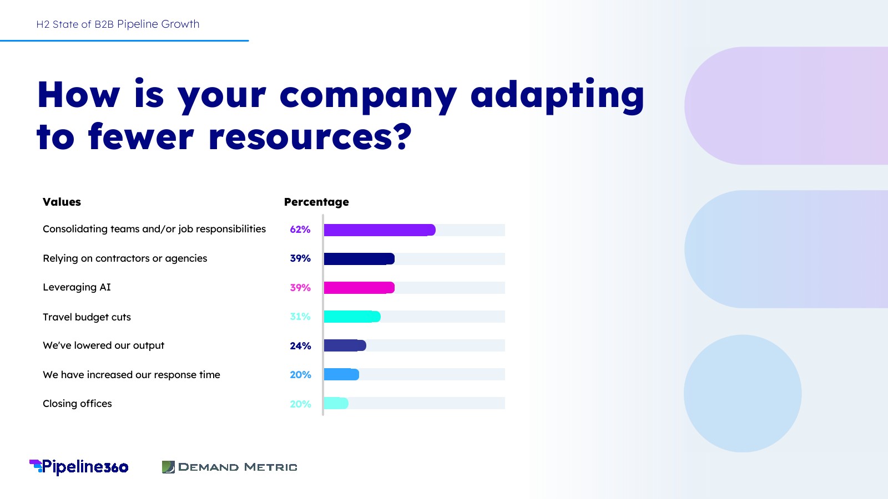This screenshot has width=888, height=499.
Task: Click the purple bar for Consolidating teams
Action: coord(379,230)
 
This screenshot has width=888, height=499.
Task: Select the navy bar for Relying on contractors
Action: coord(359,259)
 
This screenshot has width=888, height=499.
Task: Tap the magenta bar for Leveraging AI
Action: coord(359,288)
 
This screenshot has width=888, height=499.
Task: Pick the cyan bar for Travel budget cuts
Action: coord(352,317)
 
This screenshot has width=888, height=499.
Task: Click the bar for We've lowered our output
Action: coord(345,345)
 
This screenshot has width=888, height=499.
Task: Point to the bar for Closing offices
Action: coord(336,403)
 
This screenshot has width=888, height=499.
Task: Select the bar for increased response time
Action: coord(341,374)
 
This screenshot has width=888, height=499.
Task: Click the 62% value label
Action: coord(300,230)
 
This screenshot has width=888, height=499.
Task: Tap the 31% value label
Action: coord(300,317)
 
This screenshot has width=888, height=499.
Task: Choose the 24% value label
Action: coord(300,346)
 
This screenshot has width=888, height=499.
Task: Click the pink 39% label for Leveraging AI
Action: coord(300,288)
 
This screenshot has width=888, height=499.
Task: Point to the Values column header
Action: coord(62,202)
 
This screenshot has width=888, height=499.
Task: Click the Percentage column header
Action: coord(316,202)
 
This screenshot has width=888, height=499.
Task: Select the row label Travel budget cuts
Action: coord(87,317)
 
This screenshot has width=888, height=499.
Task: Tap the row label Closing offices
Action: coord(77,404)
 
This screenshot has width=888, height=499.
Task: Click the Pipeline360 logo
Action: coord(79,467)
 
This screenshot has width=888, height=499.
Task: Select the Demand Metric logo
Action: coord(229,467)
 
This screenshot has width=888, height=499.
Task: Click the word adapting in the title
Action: coord(557,95)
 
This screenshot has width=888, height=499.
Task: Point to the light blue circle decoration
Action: coord(743,394)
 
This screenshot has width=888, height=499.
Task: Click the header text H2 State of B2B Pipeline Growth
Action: coord(118,24)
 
